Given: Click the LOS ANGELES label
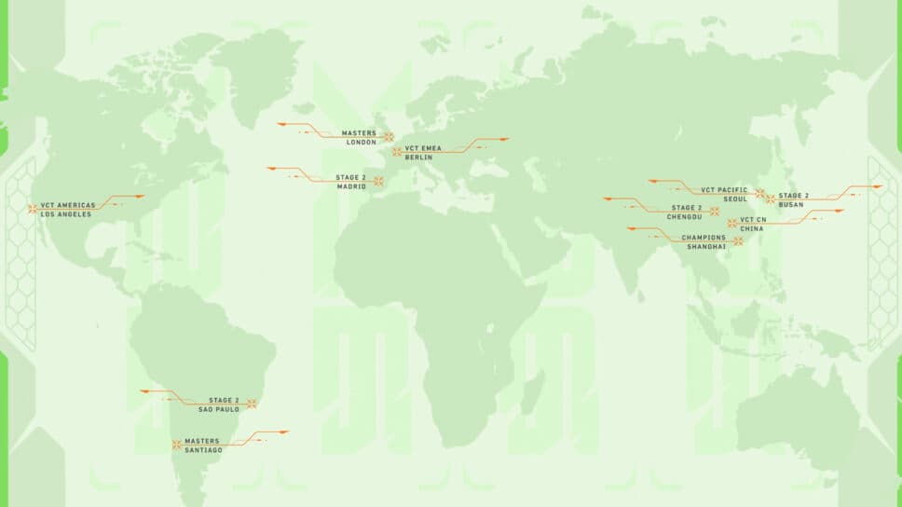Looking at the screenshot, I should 66,214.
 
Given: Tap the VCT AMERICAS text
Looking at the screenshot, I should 68,205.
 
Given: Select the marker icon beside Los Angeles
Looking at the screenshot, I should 33,210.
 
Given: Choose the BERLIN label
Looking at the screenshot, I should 418,158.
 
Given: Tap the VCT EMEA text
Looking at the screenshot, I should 423,148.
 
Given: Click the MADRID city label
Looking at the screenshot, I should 353,185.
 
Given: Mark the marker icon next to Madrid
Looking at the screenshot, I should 378,181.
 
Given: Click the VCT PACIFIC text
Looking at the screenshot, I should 724,189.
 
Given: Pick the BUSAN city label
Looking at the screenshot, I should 791,204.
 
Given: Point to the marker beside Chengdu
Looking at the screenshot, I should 714,212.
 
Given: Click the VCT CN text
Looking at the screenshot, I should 753,219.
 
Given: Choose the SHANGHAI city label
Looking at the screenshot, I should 706,246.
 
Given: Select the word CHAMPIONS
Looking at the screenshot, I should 697,237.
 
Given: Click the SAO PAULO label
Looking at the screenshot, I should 219,409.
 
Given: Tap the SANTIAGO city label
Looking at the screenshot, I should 203,450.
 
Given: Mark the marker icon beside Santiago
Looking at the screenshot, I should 176,445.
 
